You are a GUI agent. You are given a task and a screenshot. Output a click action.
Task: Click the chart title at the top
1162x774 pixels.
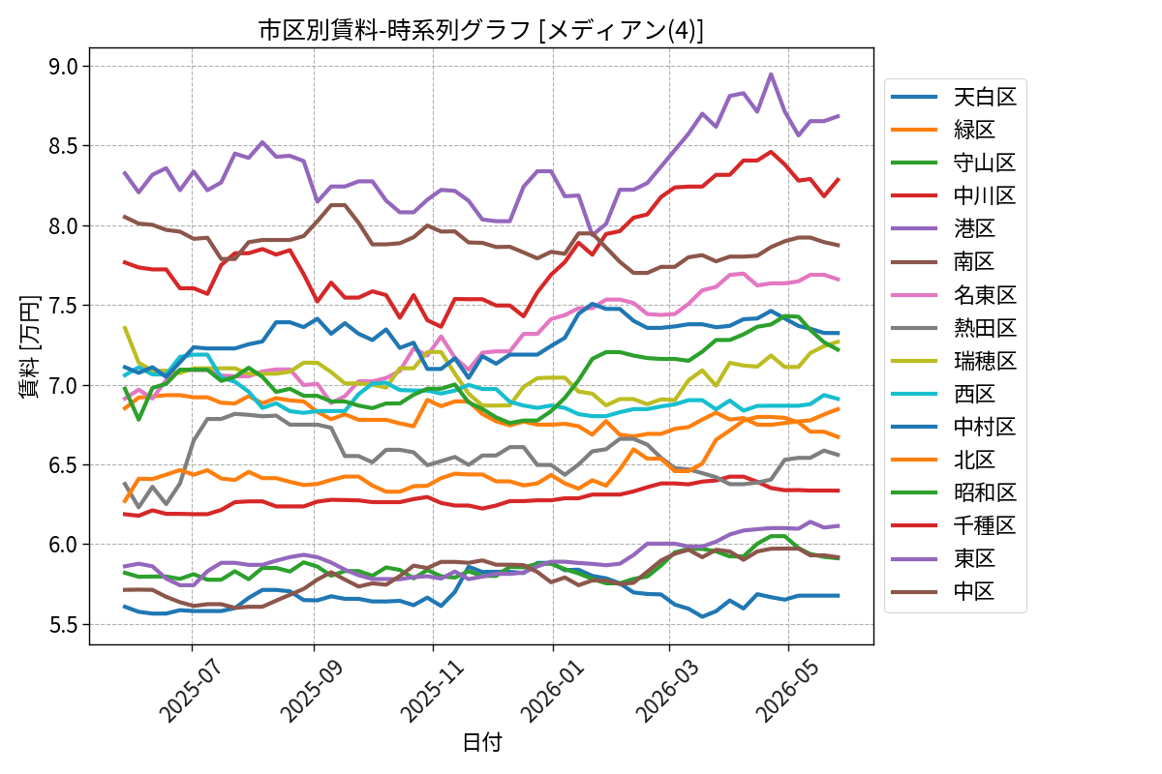point(481,30)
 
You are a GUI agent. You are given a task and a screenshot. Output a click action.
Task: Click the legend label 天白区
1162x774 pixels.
point(985,97)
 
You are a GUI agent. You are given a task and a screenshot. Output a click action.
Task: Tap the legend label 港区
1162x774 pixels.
point(974,228)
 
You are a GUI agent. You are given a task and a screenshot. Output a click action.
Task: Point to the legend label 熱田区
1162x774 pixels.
point(985,328)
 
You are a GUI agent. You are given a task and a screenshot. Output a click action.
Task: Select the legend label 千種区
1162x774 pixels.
point(985,525)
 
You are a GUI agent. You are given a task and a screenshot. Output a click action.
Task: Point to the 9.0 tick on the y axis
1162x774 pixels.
point(63,67)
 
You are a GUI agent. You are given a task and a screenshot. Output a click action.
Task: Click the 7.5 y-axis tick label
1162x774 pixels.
point(63,306)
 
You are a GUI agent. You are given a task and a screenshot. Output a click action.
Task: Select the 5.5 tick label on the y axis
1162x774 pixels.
point(63,625)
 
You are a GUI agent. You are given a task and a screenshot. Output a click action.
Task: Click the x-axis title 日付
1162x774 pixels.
point(482,742)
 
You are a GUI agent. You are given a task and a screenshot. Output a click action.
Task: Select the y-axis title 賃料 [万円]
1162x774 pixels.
point(30,346)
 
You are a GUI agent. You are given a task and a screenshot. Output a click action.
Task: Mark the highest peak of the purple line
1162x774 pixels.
point(771,74)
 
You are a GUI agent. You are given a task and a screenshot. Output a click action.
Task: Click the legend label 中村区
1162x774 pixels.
point(985,427)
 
